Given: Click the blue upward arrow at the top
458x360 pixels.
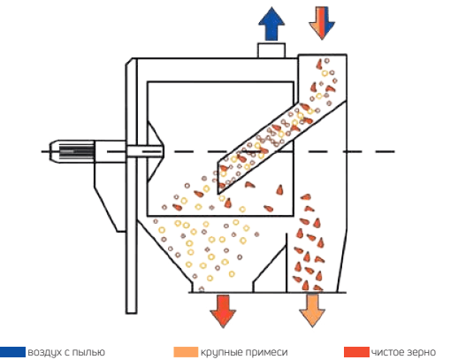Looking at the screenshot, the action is [271, 24].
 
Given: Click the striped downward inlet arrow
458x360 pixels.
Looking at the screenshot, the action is [322, 23].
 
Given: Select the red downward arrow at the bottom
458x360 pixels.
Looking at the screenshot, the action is [223, 311].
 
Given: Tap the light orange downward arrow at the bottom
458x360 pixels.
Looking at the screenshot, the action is [312, 310].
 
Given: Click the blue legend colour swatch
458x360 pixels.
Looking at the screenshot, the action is [12, 352].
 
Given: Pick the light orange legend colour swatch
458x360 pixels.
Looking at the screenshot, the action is [186, 352].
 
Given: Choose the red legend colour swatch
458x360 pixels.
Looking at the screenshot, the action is [356, 352].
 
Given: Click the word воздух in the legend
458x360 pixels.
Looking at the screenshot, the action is [45, 353].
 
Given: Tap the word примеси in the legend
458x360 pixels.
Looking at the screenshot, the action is [267, 353].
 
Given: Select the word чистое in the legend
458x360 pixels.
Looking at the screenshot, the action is [388, 352].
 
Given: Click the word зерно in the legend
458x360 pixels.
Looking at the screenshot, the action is [422, 353].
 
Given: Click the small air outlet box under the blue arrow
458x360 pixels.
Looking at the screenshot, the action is [271, 50].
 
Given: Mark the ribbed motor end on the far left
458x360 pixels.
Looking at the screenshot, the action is [72, 151].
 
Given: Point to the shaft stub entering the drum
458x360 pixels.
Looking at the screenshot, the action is [145, 151].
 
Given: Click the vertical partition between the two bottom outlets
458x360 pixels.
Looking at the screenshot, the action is [286, 263].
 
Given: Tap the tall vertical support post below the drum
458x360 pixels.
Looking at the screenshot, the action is [132, 186].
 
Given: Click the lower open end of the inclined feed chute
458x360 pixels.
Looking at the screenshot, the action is [218, 178].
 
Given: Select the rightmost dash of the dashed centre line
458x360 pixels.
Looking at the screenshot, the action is [385, 151].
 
